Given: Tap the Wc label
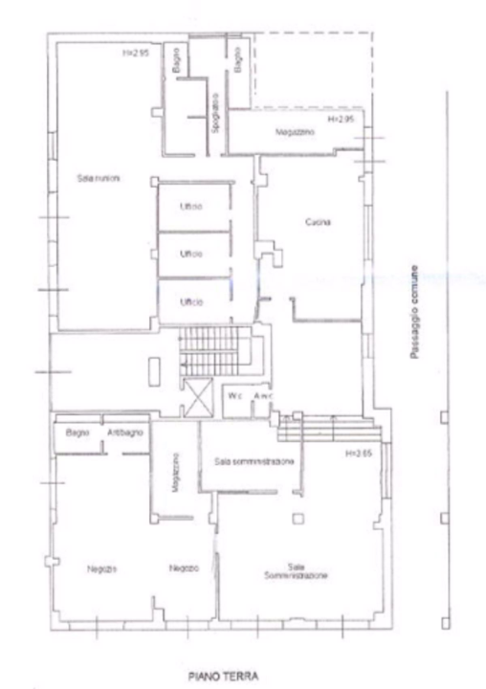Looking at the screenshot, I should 234,395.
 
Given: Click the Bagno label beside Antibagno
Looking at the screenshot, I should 77,433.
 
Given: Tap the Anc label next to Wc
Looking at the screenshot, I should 258,395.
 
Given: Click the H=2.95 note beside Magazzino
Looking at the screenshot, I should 342,120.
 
